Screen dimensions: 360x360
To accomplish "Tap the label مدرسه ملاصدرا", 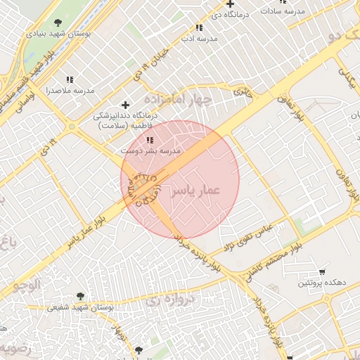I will point(70,91).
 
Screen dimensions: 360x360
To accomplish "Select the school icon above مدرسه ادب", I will point(200,28).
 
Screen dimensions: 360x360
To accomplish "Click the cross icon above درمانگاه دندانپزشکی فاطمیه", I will point(126,105).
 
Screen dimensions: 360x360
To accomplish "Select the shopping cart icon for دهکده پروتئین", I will point(322,271).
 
